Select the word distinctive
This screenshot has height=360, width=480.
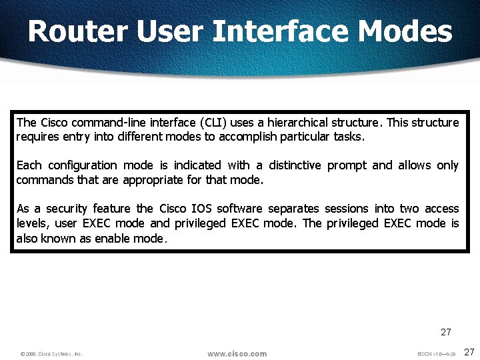[x=295, y=165]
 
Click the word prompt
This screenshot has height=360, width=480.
[x=347, y=165]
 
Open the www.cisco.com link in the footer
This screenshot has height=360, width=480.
[x=237, y=353]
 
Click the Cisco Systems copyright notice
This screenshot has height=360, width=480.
[x=51, y=354]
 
